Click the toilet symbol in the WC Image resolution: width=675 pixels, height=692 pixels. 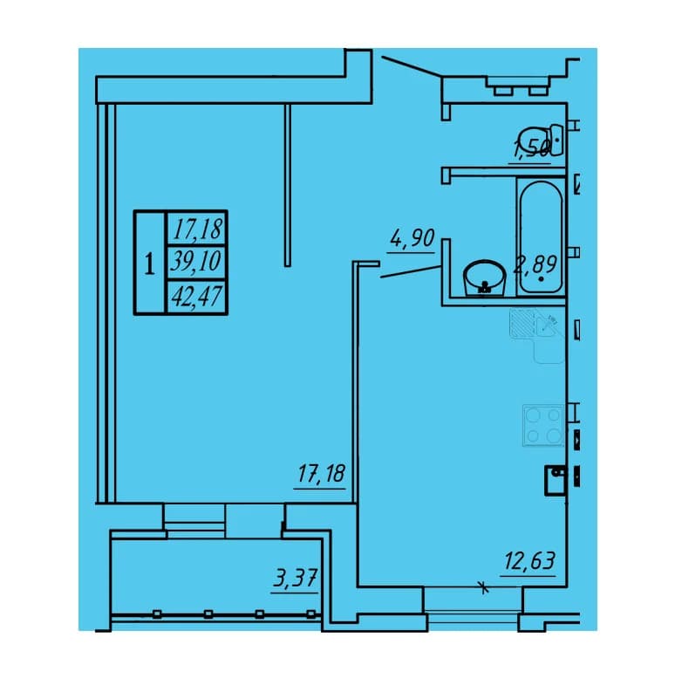point(542,140)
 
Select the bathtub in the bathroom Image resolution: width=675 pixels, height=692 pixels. point(541,236)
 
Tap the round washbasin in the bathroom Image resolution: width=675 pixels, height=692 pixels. point(484,277)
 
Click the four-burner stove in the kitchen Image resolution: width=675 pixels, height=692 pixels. point(543,425)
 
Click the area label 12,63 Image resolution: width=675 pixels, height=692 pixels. point(529,561)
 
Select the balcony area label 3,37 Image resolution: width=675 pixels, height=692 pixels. point(295,579)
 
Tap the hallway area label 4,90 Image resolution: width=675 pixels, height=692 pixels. point(412,238)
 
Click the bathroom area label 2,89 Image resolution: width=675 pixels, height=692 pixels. point(535,264)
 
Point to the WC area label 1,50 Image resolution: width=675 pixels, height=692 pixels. point(532,148)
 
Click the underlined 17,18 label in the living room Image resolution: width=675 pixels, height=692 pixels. point(321,474)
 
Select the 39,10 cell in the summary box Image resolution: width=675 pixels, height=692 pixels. point(196,262)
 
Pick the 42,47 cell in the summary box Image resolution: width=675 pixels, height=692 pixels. point(196,296)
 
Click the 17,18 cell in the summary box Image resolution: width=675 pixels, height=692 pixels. point(198,229)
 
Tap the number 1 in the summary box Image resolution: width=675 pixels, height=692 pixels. point(149,264)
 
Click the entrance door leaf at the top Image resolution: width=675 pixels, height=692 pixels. point(412,66)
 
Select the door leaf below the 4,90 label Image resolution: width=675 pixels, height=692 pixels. point(411,272)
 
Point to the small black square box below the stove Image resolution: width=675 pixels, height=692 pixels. point(555,480)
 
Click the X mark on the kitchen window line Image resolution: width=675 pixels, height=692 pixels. point(484,587)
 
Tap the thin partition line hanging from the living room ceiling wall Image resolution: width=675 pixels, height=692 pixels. point(288,185)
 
